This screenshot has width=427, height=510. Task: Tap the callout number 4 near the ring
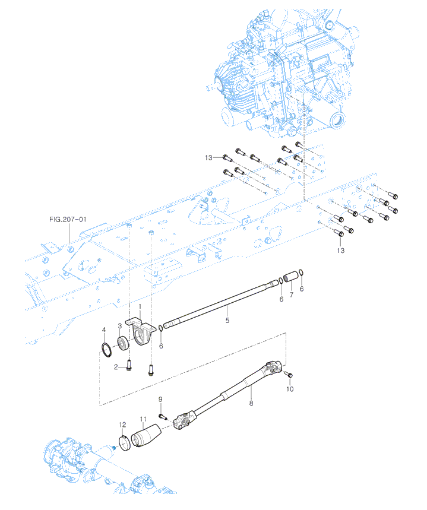click(104, 330)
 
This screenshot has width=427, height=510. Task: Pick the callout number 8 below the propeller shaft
click(251, 403)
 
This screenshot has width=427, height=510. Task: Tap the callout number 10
click(290, 389)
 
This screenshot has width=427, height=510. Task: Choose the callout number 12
click(122, 425)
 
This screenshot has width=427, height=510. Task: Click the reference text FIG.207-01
click(68, 219)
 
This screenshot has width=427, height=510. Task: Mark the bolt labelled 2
click(128, 369)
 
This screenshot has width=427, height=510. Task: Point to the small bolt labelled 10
click(288, 375)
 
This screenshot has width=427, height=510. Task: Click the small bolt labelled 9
click(162, 416)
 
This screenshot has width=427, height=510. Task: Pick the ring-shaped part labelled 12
click(124, 444)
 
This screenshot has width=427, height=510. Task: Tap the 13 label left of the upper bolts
click(208, 157)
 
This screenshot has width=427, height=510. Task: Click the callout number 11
click(143, 419)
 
